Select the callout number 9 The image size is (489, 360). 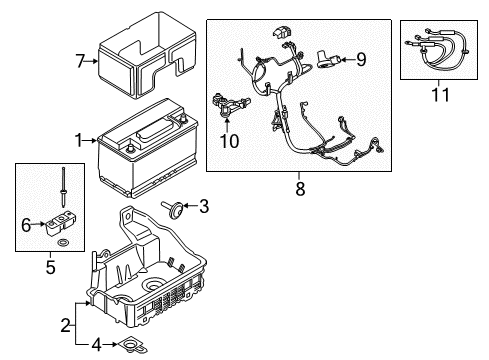(363, 59)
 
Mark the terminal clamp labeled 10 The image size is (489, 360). (229, 103)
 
